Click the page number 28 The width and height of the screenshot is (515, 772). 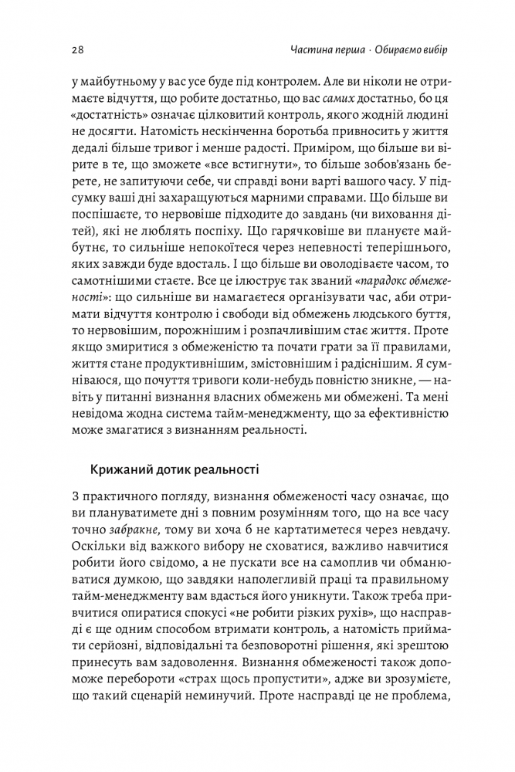(76, 50)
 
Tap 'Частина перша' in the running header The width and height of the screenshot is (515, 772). (318, 50)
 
